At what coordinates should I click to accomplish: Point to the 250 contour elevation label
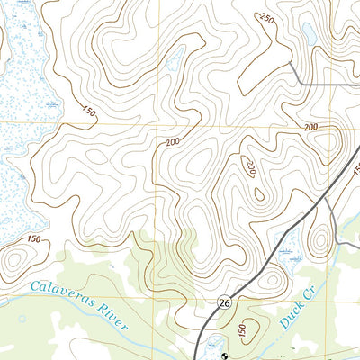pos(266,20)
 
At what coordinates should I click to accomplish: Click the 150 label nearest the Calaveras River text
pos(34,238)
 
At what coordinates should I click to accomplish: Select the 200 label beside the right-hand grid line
pos(311,128)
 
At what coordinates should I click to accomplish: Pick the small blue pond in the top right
pos(309,33)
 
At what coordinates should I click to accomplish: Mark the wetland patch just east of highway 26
pos(290,245)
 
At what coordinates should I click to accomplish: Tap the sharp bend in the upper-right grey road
pos(298,84)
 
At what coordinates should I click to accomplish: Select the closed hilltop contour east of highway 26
pos(319,241)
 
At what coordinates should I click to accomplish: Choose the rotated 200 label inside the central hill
pos(251,168)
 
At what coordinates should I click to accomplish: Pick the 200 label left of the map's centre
pos(173,141)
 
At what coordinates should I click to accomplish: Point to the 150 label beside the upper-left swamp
pos(88,112)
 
